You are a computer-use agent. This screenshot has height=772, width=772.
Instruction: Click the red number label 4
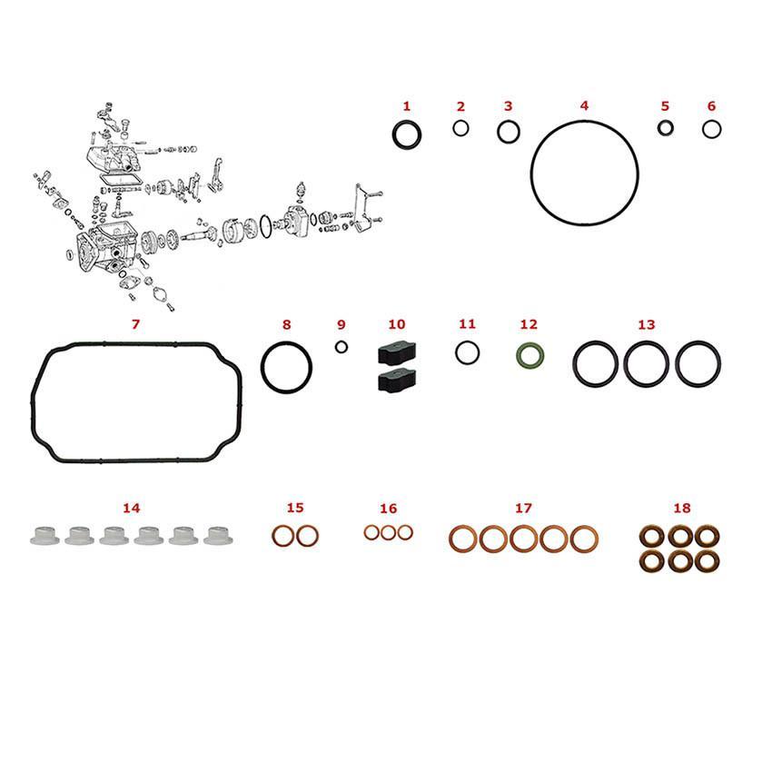pyautogui.click(x=584, y=106)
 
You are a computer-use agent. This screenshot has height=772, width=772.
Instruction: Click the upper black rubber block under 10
pyautogui.click(x=397, y=353)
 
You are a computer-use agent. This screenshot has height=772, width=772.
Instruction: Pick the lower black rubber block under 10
pyautogui.click(x=397, y=381)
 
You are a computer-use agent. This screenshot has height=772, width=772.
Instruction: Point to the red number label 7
pyautogui.click(x=135, y=324)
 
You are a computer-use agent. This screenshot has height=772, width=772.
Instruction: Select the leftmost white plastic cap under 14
pyautogui.click(x=45, y=536)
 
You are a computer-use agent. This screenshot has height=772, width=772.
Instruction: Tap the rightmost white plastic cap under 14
pyautogui.click(x=218, y=536)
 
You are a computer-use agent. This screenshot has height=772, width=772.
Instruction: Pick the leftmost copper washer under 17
pyautogui.click(x=453, y=539)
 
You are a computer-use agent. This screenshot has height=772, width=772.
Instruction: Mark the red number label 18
pyautogui.click(x=682, y=508)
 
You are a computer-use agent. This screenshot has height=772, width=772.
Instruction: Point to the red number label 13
pyautogui.click(x=647, y=324)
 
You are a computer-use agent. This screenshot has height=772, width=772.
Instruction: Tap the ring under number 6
pyautogui.click(x=704, y=130)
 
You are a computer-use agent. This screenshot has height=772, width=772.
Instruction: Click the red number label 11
pyautogui.click(x=467, y=324)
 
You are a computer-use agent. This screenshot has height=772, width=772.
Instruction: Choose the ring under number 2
pyautogui.click(x=454, y=128)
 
